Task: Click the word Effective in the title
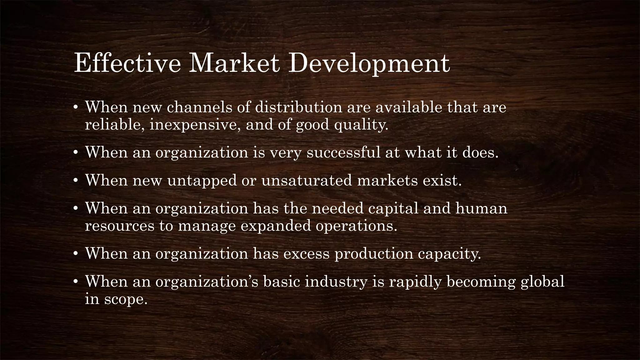[x=127, y=64]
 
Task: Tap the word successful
[x=343, y=152]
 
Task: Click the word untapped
[x=202, y=181]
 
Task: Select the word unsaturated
[x=307, y=180]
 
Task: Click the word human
[x=481, y=208]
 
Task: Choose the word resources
[x=120, y=226]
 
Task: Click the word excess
[x=307, y=253]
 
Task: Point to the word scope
[x=125, y=300]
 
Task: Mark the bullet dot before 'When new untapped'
[x=75, y=181]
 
